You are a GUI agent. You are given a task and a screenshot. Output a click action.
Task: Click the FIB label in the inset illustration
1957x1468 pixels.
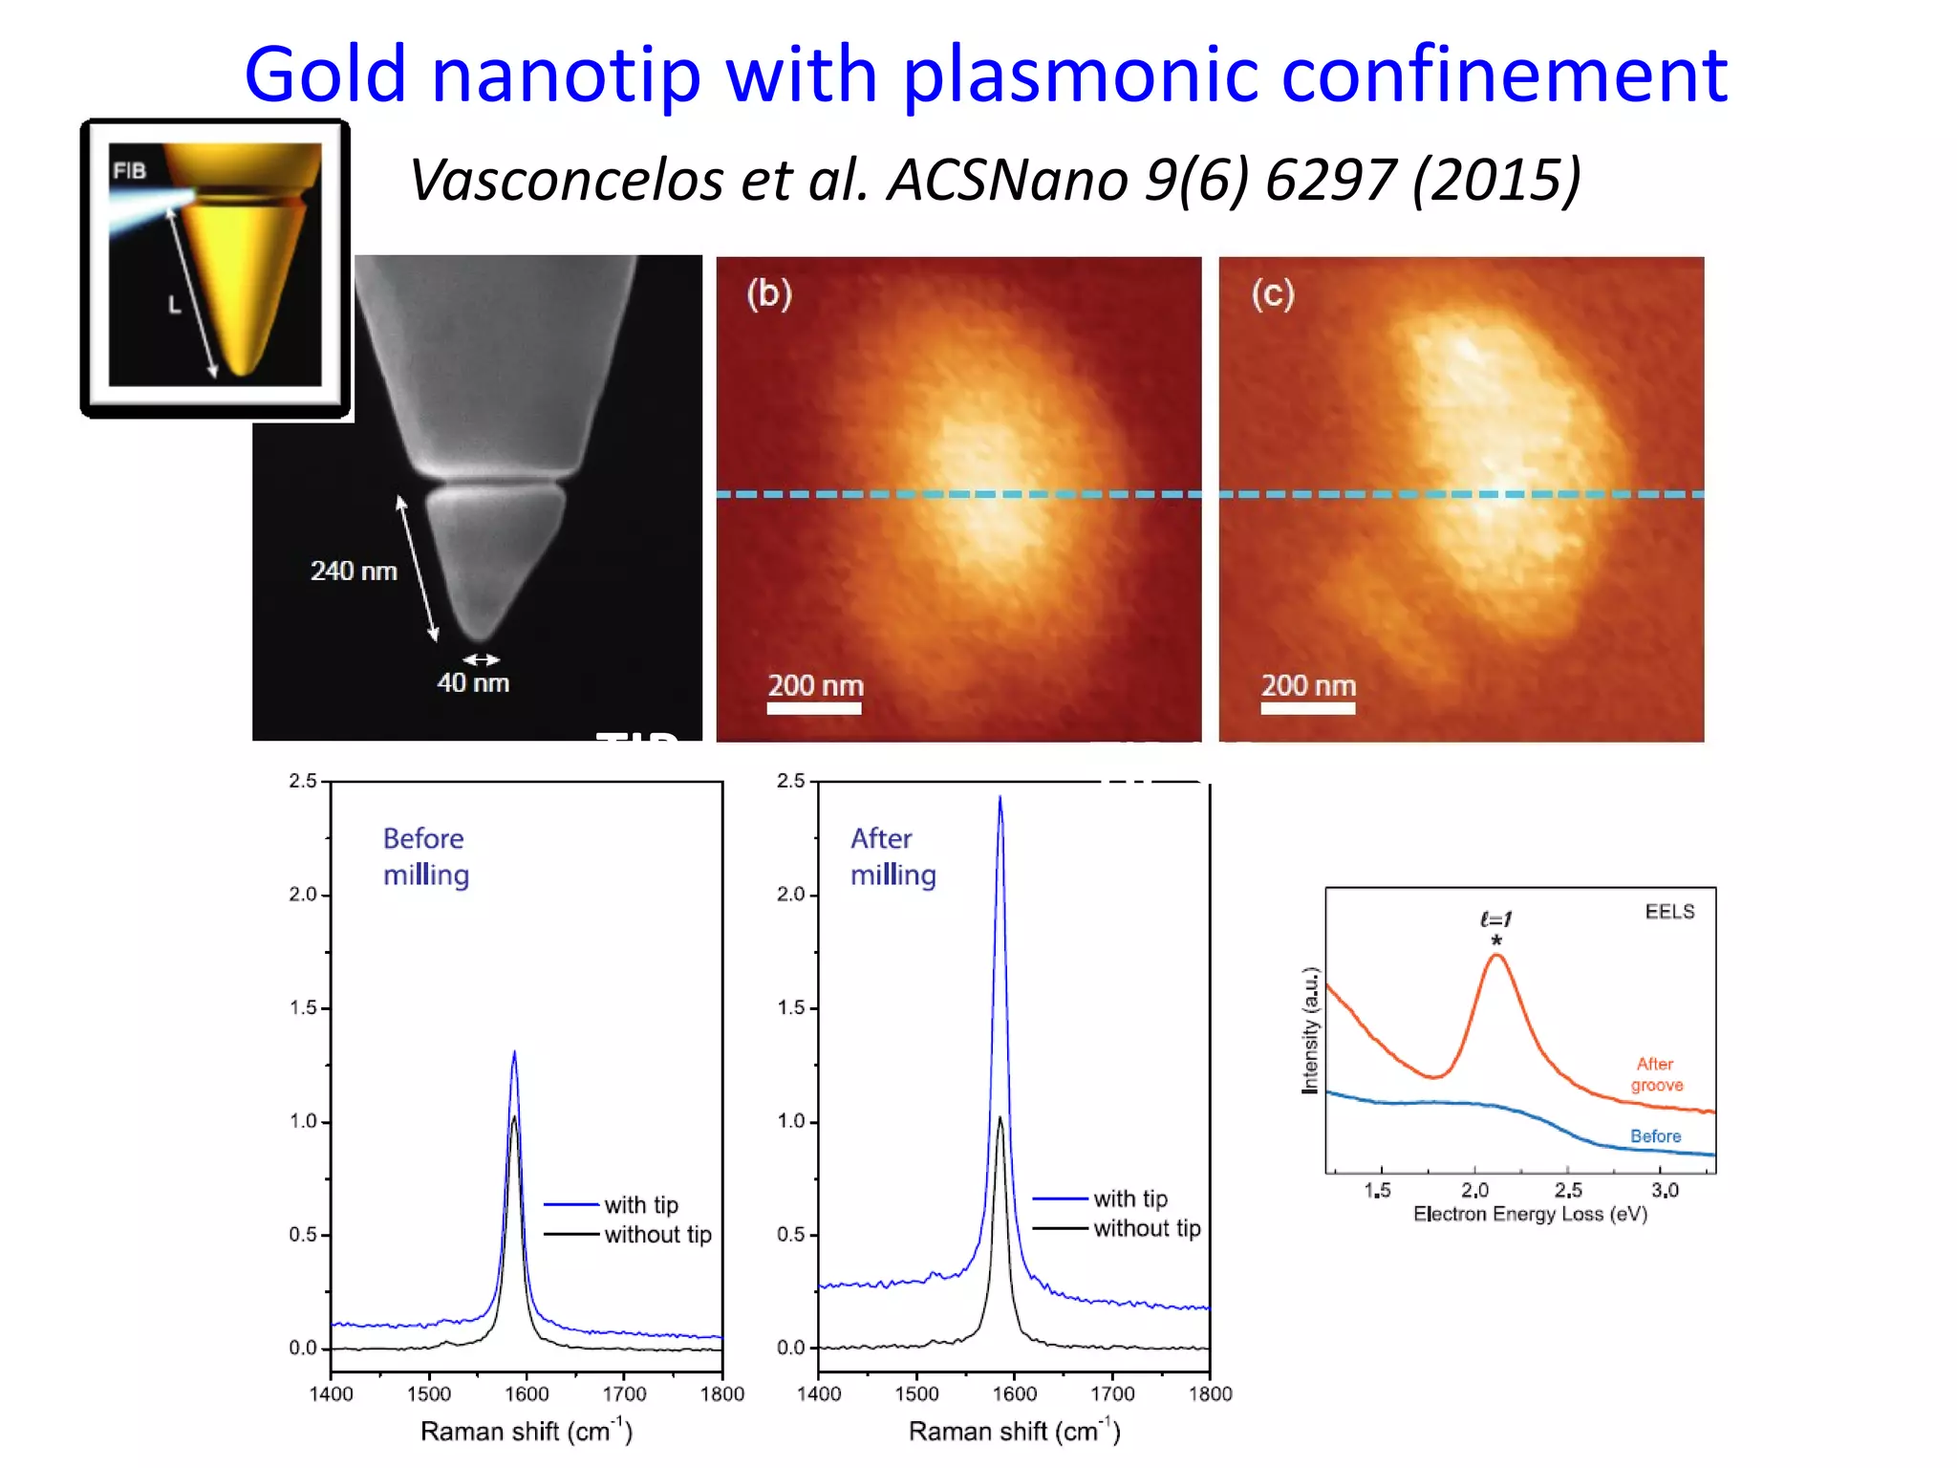pos(129,171)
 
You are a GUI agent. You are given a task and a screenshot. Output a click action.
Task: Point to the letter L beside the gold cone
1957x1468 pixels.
pos(174,305)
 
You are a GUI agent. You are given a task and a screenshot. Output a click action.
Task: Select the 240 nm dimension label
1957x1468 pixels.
pos(354,572)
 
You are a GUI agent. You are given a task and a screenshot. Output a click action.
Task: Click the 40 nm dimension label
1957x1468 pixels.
pos(473,683)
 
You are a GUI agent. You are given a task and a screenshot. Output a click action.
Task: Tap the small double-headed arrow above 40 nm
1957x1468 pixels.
pos(481,659)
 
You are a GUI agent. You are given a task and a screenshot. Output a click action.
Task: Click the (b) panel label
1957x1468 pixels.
pos(769,293)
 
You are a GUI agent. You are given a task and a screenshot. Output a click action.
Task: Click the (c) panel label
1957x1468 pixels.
pos(1273,293)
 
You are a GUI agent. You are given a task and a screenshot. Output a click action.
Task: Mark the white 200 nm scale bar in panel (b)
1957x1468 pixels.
pos(814,708)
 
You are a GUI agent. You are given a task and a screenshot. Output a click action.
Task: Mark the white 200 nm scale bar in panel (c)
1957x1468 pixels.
pos(1307,708)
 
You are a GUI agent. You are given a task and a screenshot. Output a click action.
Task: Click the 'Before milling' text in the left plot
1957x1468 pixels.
pos(425,856)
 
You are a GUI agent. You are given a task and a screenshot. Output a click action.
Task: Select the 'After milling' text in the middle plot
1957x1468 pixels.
pos(892,856)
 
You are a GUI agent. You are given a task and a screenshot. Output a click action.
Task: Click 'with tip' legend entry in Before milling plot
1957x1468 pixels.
pos(640,1205)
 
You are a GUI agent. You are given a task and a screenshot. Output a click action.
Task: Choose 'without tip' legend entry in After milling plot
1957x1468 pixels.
pos(1146,1229)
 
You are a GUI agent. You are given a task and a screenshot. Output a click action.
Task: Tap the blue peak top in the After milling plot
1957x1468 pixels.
pos(1000,799)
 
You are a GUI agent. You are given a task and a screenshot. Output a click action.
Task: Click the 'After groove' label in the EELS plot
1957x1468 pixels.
pos(1656,1074)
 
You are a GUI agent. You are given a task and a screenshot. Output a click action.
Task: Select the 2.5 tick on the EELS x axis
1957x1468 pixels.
pos(1568,1191)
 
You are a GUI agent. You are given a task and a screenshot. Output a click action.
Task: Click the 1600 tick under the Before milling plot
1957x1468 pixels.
pos(527,1394)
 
